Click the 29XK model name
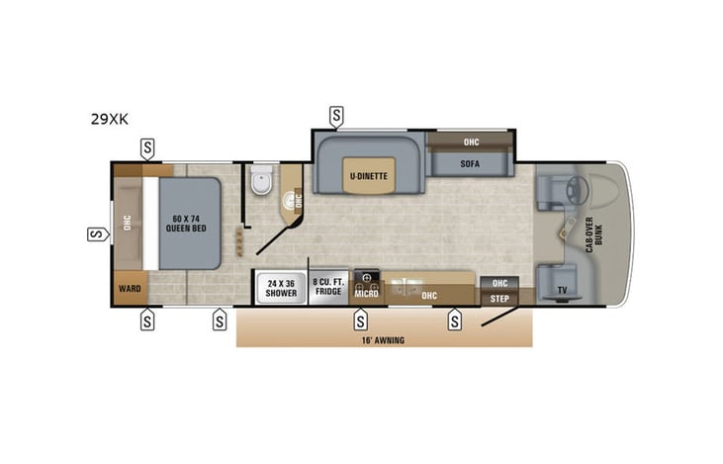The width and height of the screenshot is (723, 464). pos(110,120)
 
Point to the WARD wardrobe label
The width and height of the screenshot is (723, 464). pos(130,290)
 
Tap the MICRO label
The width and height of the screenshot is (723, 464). pos(367,294)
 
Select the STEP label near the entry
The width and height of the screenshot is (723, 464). pos(499,296)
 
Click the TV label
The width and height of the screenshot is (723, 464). pos(563,289)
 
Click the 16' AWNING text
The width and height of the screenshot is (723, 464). pos(384,339)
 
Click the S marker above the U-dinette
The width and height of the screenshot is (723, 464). pos(336,117)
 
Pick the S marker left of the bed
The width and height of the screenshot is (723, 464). pos(97,234)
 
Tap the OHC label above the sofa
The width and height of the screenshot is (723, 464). pos(471,140)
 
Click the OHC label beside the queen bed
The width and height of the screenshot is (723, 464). pos(127,222)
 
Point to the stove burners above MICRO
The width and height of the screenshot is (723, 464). pos(367,278)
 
